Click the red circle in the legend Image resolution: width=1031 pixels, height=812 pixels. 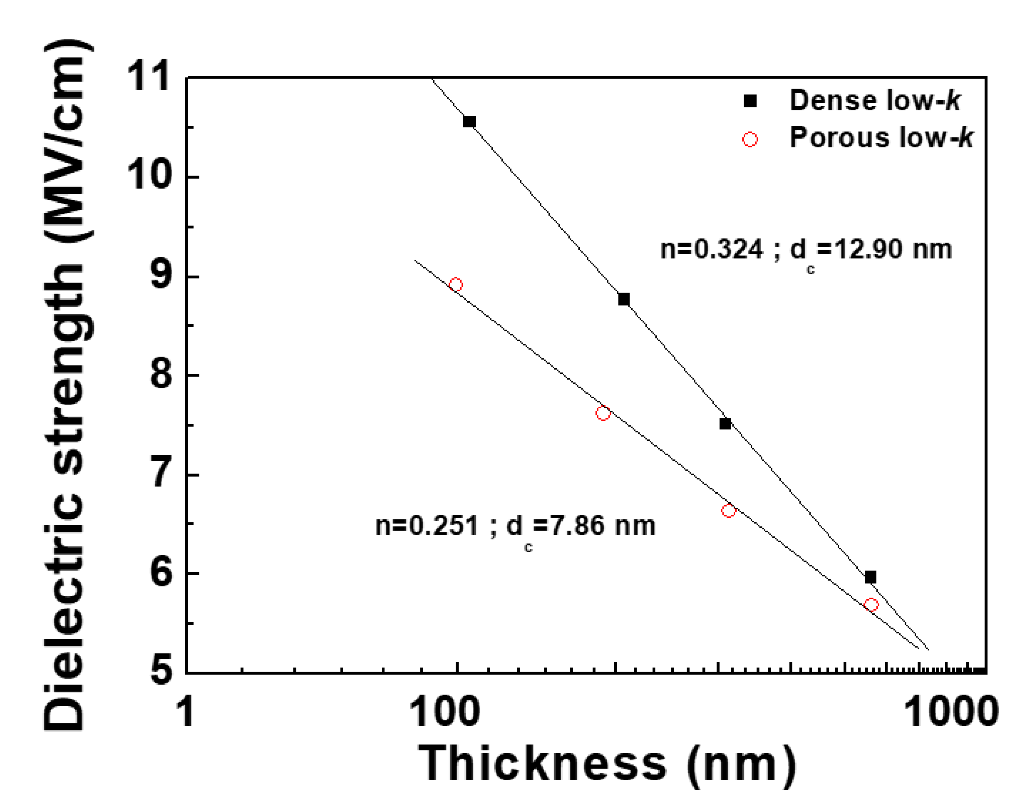click(750, 139)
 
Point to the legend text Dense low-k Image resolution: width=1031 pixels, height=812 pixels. click(874, 100)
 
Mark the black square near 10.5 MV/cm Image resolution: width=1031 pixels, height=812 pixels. click(469, 122)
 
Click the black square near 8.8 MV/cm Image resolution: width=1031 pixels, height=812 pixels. click(624, 300)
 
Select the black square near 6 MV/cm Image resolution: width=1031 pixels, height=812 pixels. click(870, 578)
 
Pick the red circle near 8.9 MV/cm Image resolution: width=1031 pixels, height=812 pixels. click(456, 285)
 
